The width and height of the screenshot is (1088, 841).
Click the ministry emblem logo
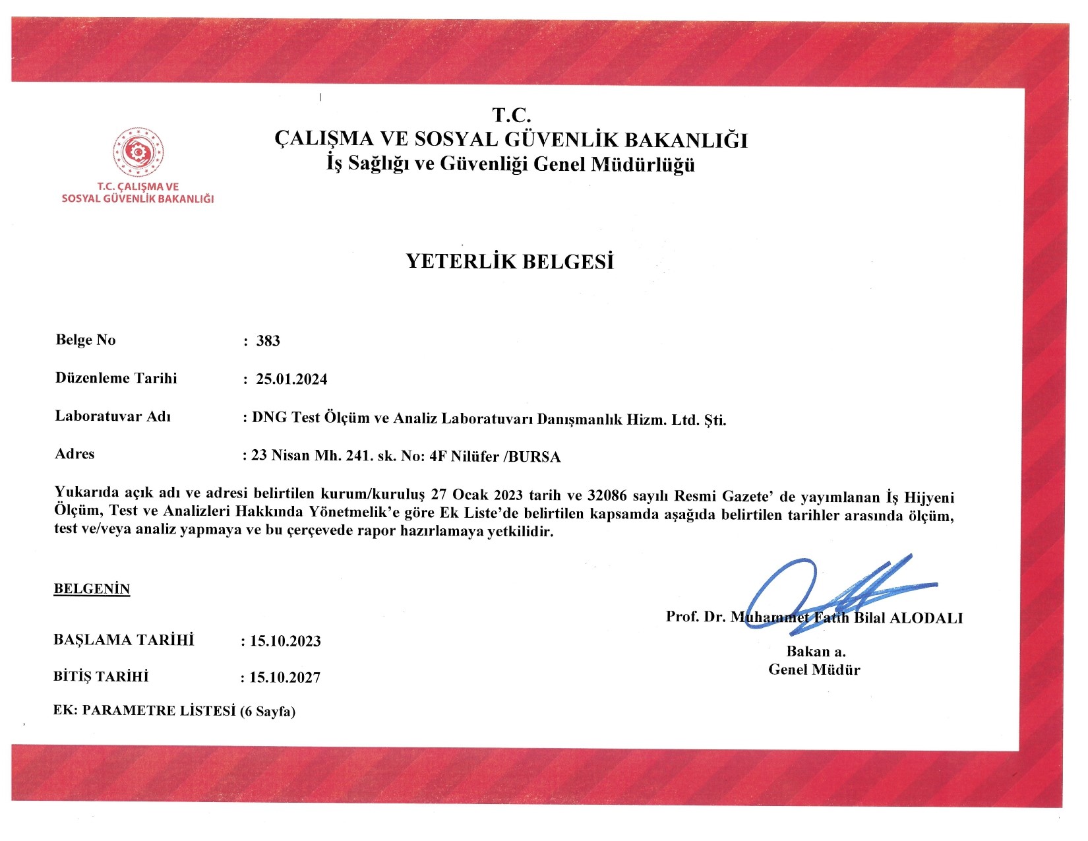click(x=138, y=152)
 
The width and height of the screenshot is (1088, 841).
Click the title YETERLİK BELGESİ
click(x=510, y=262)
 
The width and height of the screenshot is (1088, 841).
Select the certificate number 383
click(x=268, y=341)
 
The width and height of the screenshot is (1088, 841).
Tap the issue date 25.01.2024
click(x=291, y=379)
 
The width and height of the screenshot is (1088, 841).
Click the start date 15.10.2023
click(x=285, y=641)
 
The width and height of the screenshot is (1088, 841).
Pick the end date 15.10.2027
click(x=284, y=677)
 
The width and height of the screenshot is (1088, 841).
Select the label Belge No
click(x=86, y=340)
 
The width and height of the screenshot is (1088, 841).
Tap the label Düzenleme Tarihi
click(x=116, y=378)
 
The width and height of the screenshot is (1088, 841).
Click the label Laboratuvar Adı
click(x=113, y=416)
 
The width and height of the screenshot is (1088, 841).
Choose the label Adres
click(x=75, y=454)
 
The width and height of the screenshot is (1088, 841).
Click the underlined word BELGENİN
click(x=92, y=589)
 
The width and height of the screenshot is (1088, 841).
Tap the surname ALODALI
click(x=926, y=618)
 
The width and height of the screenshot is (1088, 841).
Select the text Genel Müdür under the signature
click(x=814, y=670)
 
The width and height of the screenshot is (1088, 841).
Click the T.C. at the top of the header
click(x=512, y=115)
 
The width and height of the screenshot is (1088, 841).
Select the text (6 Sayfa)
click(x=267, y=711)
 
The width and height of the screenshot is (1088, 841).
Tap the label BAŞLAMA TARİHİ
click(x=124, y=640)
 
